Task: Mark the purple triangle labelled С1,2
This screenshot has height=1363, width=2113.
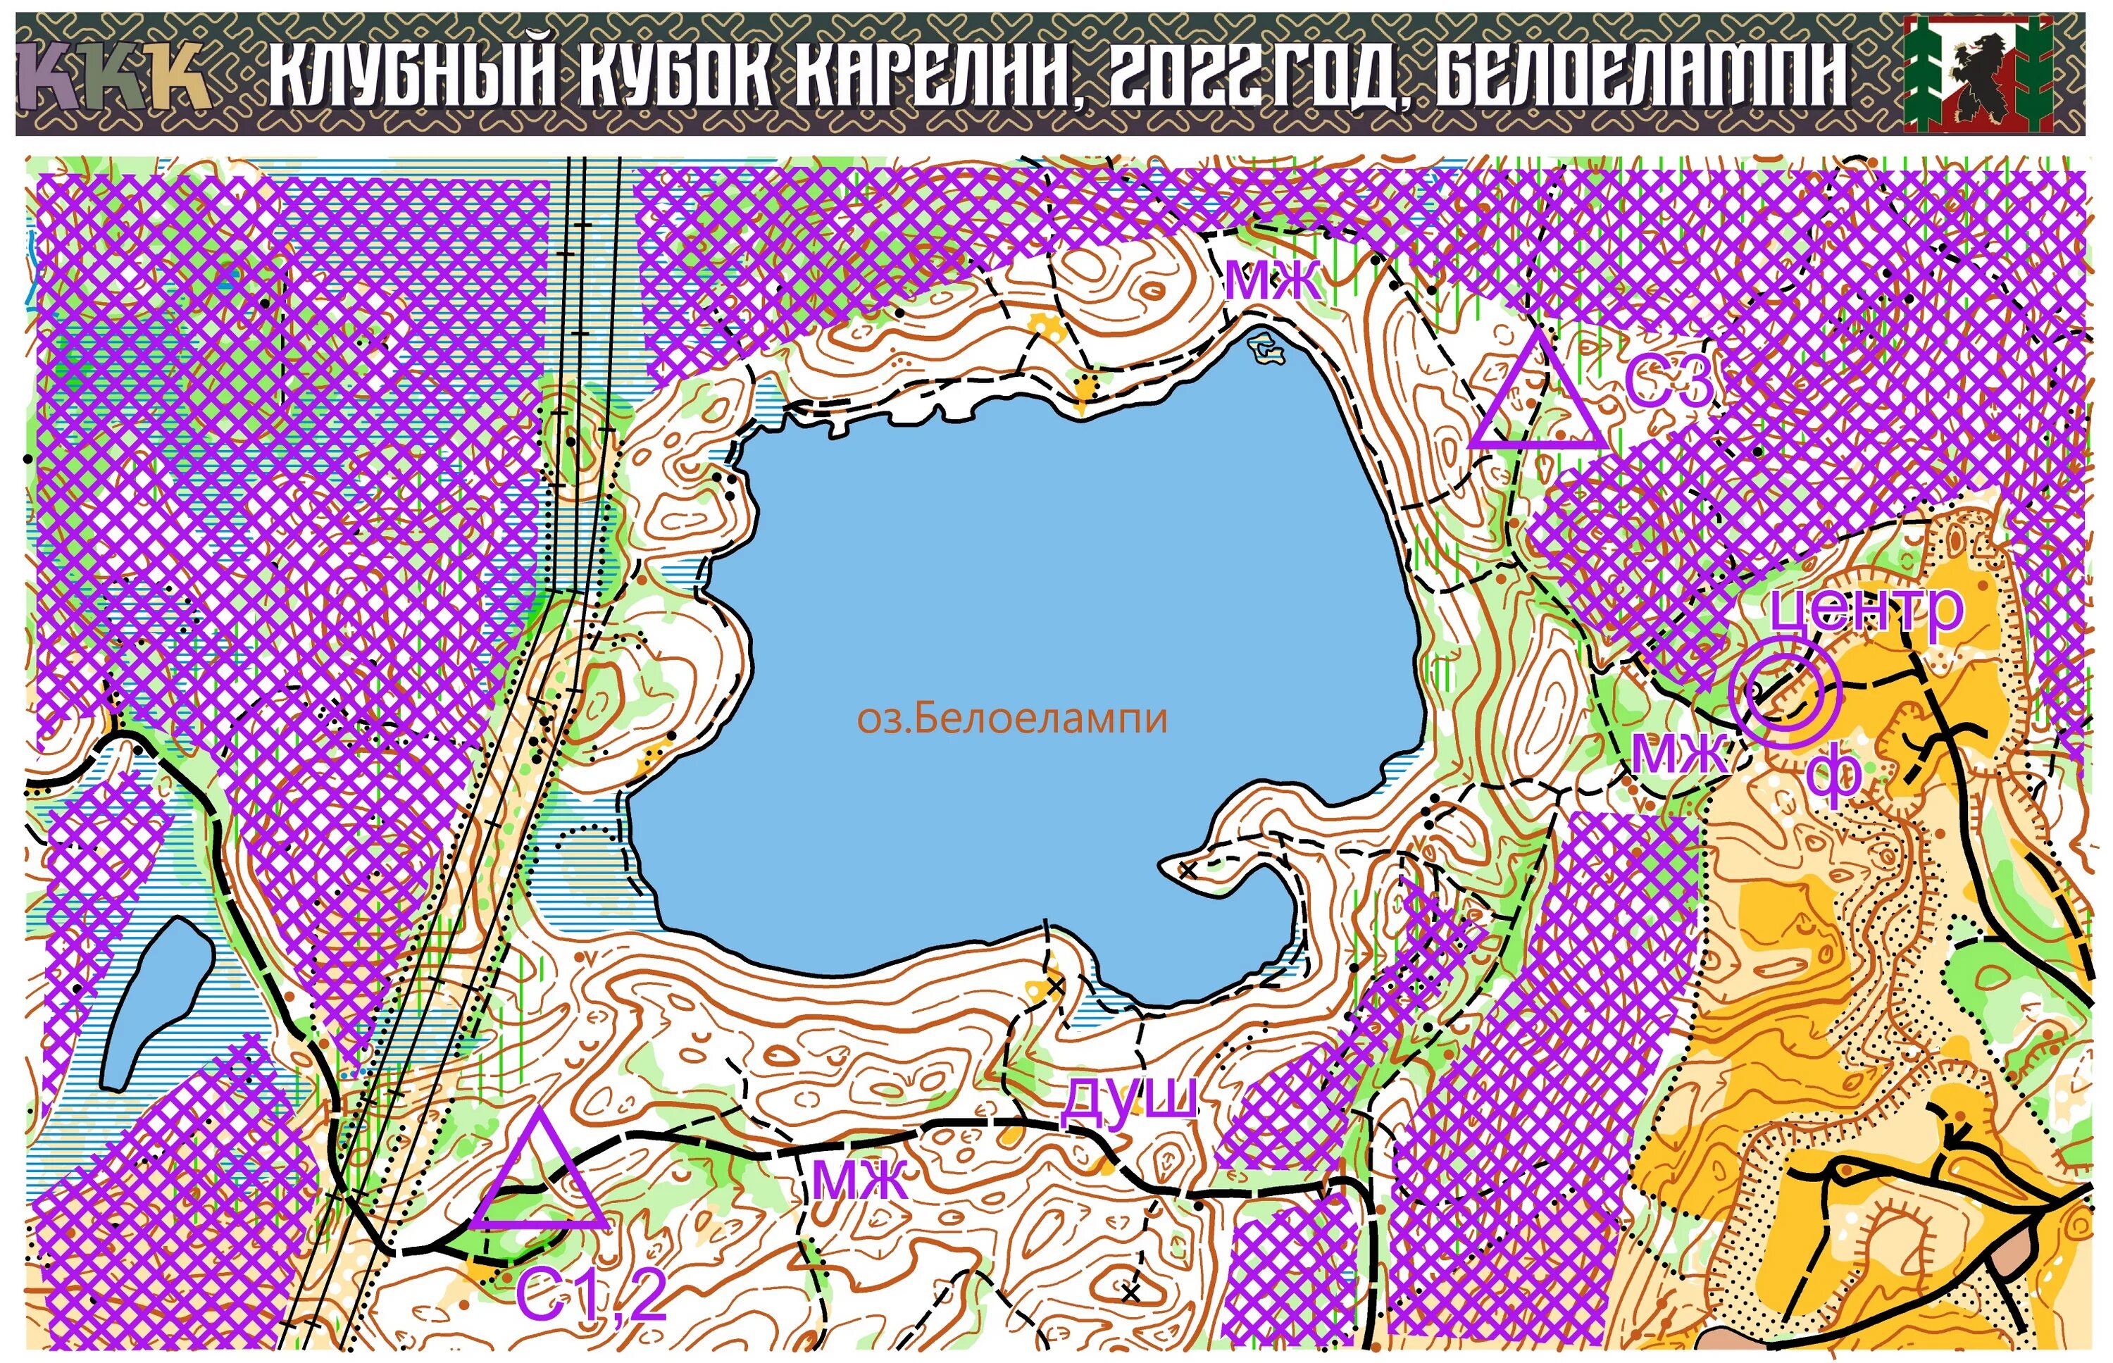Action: [540, 1177]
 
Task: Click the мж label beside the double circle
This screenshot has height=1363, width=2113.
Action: [1678, 754]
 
